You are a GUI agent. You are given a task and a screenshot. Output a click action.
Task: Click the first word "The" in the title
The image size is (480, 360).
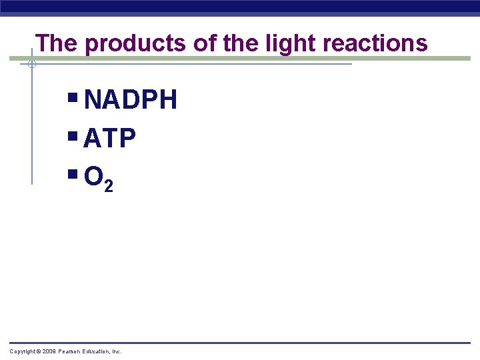57,43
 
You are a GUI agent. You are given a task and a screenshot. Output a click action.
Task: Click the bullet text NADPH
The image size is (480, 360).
131,101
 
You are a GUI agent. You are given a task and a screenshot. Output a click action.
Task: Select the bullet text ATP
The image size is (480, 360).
110,139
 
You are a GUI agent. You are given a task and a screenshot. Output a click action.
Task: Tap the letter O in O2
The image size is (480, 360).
94,177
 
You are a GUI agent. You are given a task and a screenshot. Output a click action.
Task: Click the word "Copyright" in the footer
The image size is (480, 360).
22,351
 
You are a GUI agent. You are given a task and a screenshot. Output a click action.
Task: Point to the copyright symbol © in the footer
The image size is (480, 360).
39,351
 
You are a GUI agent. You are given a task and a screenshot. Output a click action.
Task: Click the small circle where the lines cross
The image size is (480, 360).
31,64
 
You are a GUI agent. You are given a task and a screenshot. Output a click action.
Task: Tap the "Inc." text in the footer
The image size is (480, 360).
117,351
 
